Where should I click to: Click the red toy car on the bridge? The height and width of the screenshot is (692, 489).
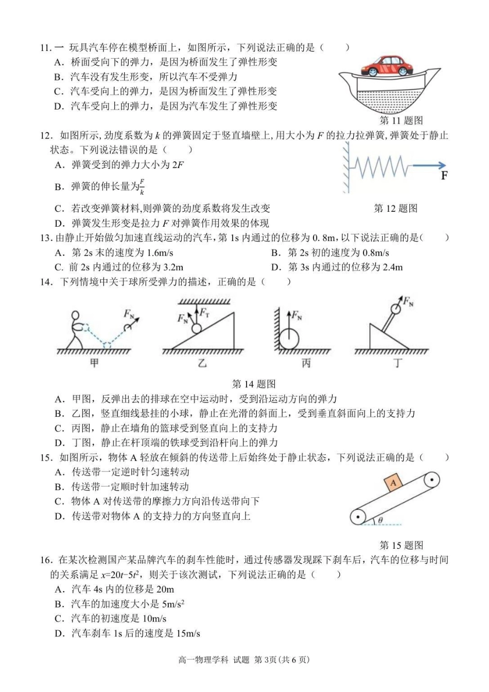click(387, 66)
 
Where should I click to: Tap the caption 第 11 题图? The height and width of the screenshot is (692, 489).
click(401, 121)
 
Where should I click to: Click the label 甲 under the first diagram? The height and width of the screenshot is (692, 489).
click(94, 363)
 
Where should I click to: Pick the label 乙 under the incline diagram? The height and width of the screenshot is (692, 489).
click(202, 363)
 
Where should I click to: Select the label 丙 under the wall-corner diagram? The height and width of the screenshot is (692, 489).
click(306, 363)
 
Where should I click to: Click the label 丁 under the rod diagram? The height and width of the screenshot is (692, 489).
click(397, 363)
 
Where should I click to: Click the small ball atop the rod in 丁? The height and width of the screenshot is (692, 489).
click(395, 309)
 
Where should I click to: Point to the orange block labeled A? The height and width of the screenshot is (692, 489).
click(393, 483)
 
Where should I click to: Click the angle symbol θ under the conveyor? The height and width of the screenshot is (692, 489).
click(380, 520)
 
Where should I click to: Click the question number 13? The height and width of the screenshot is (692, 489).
click(45, 238)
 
